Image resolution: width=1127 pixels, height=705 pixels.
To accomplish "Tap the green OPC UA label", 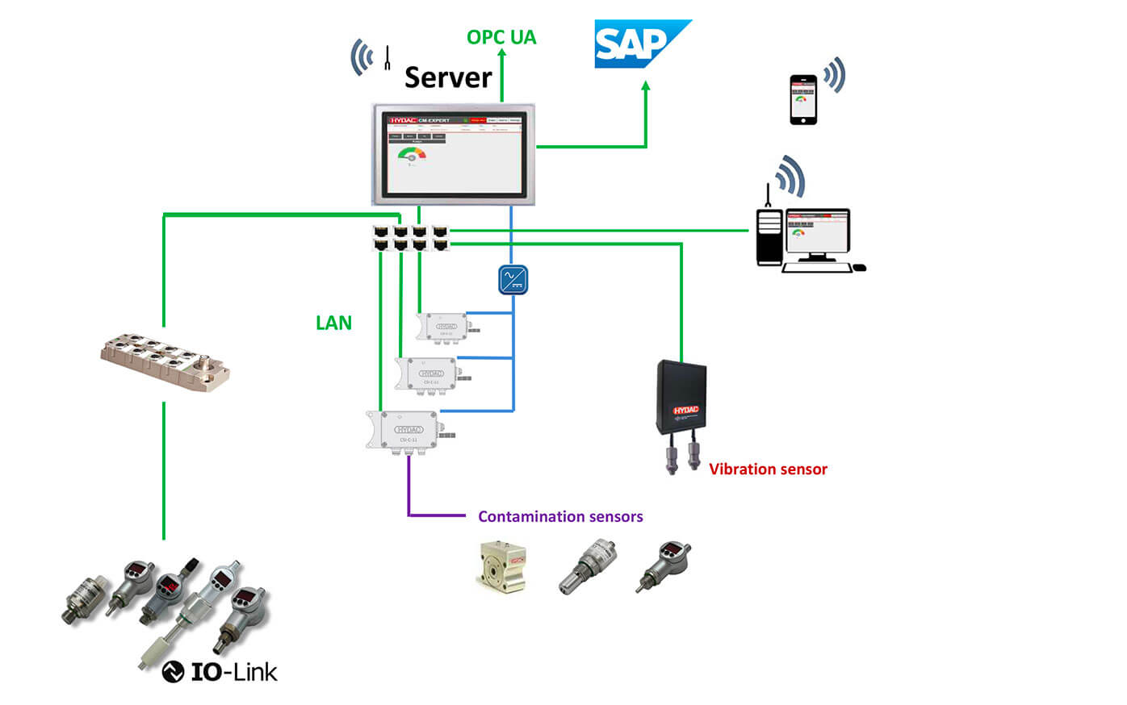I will pyautogui.click(x=501, y=37).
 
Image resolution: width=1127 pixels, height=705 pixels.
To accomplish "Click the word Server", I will pyautogui.click(x=448, y=77).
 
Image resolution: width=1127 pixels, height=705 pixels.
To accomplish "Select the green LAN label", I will pyautogui.click(x=333, y=323).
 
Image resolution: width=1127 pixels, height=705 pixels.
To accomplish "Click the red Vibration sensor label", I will pyautogui.click(x=768, y=469).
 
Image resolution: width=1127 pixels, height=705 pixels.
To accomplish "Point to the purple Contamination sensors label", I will pyautogui.click(x=560, y=516).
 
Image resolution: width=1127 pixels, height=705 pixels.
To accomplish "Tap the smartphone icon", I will pyautogui.click(x=802, y=100).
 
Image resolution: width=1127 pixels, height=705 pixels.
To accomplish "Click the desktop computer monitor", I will pyautogui.click(x=818, y=235).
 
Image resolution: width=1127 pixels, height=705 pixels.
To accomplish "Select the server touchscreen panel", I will pyautogui.click(x=454, y=154).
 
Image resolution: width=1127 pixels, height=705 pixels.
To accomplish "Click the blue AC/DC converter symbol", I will pyautogui.click(x=513, y=280).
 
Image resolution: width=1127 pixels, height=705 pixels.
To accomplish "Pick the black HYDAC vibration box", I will pyautogui.click(x=681, y=398).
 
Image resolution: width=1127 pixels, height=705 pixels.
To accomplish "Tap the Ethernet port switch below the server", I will pyautogui.click(x=410, y=238).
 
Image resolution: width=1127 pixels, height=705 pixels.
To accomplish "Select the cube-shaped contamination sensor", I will pyautogui.click(x=502, y=567).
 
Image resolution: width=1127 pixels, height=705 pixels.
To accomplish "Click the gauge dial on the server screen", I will pyautogui.click(x=412, y=154).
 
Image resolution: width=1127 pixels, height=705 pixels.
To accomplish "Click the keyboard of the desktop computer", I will pyautogui.click(x=816, y=268).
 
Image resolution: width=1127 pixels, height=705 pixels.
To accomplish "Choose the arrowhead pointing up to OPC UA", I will pyautogui.click(x=501, y=55).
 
